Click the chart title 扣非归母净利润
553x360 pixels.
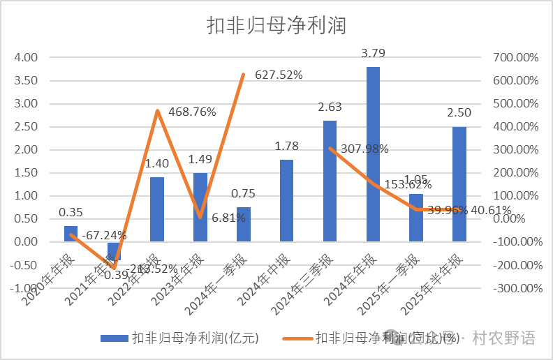tap(276, 26)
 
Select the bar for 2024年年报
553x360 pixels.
tap(373, 154)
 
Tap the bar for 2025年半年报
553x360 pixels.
tap(459, 184)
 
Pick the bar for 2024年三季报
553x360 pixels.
tap(330, 181)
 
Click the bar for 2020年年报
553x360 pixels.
tap(71, 234)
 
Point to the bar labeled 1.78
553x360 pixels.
tap(286, 201)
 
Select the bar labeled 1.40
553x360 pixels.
tap(157, 209)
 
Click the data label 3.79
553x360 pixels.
tap(374, 53)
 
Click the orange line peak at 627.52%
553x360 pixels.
tap(243, 74)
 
